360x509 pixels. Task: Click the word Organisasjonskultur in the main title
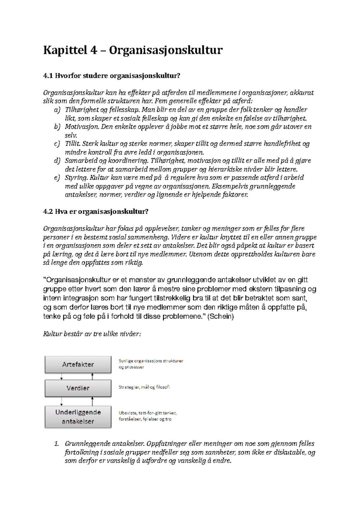(x=166, y=50)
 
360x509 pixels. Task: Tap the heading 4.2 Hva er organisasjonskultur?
(x=96, y=212)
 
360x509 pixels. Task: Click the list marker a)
(x=57, y=110)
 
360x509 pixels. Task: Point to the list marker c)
(x=57, y=144)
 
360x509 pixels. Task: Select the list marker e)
(x=57, y=178)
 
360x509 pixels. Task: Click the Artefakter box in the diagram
(x=78, y=365)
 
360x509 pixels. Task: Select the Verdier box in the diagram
(x=78, y=388)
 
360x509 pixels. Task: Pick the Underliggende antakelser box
(x=78, y=417)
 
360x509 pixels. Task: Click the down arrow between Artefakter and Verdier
(x=61, y=377)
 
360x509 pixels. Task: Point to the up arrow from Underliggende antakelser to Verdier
(x=93, y=401)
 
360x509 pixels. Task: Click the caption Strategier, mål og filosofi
(x=144, y=387)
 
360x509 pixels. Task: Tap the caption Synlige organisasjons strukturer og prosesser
(x=151, y=364)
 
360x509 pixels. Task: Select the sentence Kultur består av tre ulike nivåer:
(x=92, y=334)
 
